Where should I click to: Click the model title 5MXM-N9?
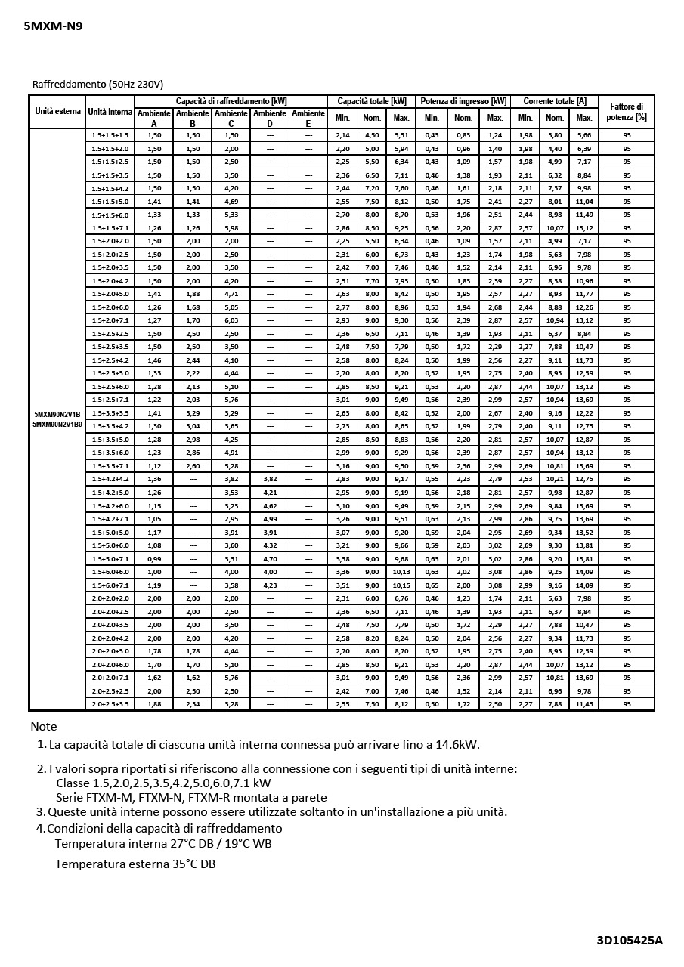(x=52, y=26)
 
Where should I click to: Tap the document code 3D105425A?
(x=629, y=940)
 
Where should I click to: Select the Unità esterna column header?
(x=57, y=112)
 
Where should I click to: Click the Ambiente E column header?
(x=308, y=118)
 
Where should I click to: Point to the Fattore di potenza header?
(x=626, y=112)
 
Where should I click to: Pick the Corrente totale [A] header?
(x=554, y=101)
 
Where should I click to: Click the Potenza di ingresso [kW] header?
(x=463, y=101)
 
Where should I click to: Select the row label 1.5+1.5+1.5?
(x=110, y=135)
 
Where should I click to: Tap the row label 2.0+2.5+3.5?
(x=110, y=704)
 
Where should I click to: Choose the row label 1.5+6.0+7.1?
(x=110, y=585)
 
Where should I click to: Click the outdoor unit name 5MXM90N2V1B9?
(x=57, y=425)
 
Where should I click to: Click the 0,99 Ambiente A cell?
(x=154, y=559)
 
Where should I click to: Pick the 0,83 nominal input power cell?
(x=463, y=135)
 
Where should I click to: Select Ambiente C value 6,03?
(x=231, y=320)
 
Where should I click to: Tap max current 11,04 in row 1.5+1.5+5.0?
(x=583, y=202)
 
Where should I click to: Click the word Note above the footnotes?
(x=44, y=726)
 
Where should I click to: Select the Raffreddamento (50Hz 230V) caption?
(x=98, y=84)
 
